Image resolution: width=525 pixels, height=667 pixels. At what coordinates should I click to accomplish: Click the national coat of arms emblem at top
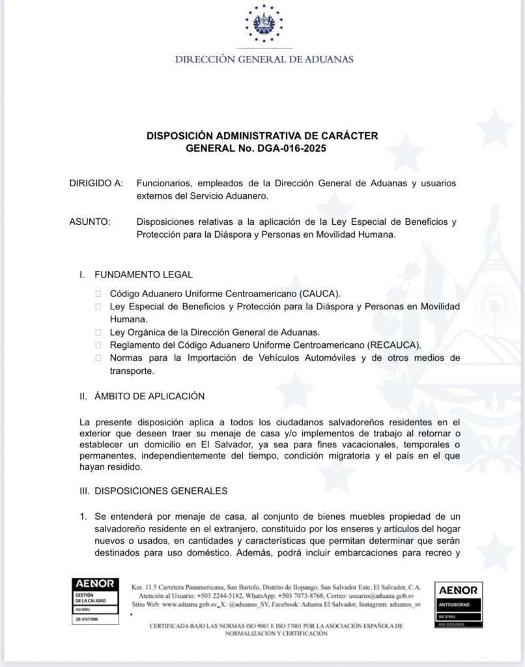tap(264, 25)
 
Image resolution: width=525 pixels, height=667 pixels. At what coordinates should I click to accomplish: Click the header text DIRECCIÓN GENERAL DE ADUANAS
tap(264, 59)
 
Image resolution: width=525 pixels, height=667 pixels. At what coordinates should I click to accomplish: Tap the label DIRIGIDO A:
tap(96, 184)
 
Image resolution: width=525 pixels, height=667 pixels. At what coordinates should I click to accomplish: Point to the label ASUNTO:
tap(90, 222)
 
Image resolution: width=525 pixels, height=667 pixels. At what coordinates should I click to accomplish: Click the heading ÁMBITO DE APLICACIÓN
tap(150, 396)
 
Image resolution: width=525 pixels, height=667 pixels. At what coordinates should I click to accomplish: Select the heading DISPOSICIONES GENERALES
tap(161, 490)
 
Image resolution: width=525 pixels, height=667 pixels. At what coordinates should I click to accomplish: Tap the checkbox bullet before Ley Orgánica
tap(98, 332)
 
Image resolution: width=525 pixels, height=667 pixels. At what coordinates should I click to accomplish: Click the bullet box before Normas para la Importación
tap(98, 358)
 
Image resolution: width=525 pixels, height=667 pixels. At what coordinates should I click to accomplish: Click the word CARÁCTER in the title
tap(349, 136)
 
